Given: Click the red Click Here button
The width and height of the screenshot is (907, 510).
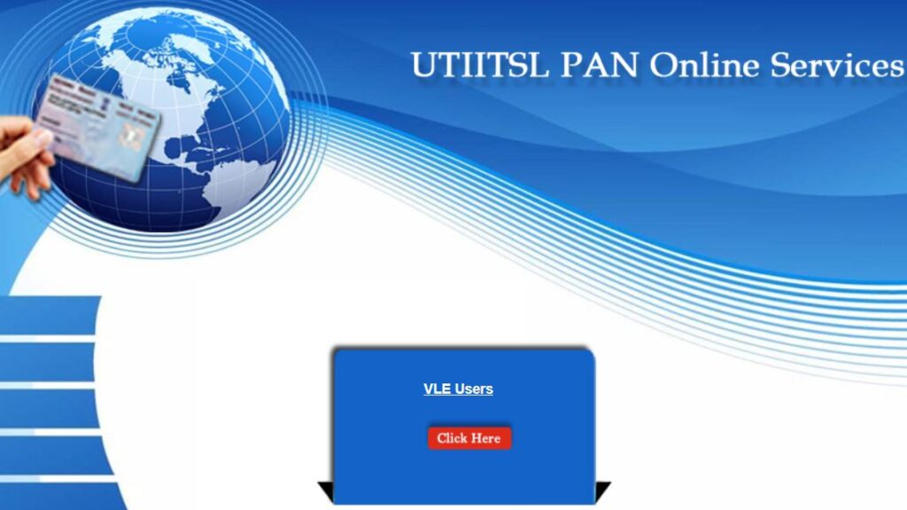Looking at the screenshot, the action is (469, 438).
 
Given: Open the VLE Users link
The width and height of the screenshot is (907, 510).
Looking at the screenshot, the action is (458, 390).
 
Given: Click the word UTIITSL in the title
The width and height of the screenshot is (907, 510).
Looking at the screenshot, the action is (480, 65).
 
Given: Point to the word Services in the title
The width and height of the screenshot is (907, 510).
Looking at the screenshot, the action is (837, 65).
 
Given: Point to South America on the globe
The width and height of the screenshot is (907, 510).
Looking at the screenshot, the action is (231, 185).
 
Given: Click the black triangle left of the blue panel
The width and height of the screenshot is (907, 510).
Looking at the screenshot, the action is (326, 491).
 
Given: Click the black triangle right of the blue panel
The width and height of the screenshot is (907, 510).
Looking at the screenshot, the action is (602, 491).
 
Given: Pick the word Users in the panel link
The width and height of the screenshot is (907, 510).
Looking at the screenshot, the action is (474, 390).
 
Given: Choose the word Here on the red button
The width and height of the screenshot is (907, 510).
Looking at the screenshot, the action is (486, 438).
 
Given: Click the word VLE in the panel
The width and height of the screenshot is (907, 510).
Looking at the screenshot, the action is (438, 390).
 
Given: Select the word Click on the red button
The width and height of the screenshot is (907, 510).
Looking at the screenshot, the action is (453, 438).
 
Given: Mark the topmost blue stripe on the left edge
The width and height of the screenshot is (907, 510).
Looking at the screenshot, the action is (49, 315).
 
